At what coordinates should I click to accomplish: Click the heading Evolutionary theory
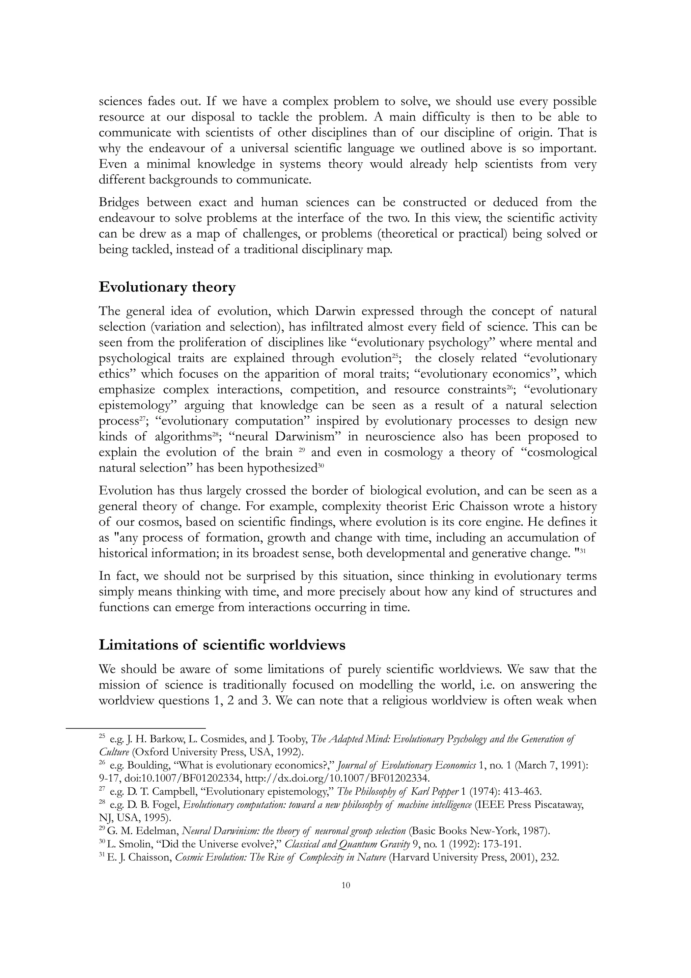[x=167, y=288]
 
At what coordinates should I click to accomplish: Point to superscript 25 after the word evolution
[x=395, y=355]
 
